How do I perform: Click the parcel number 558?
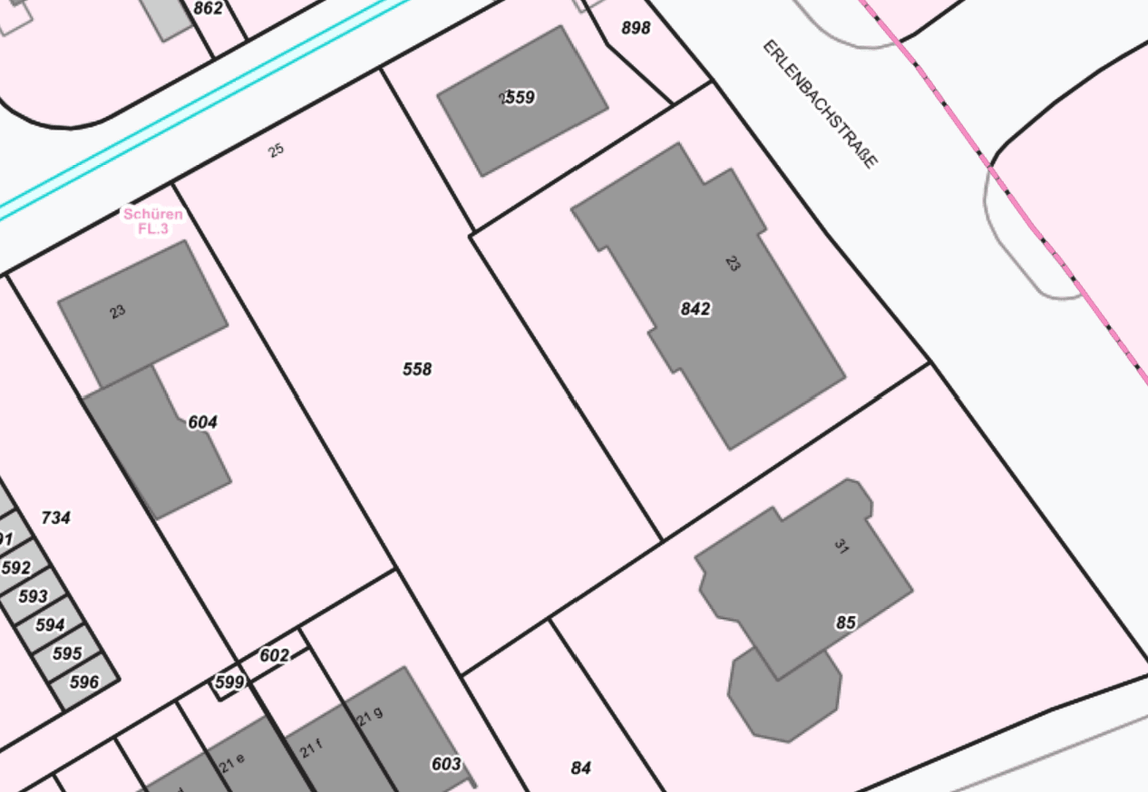(x=417, y=369)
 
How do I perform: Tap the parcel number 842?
(x=695, y=309)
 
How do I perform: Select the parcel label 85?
(x=845, y=623)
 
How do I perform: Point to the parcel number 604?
(x=202, y=422)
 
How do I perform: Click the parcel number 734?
(x=55, y=517)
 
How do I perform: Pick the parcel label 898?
(x=636, y=28)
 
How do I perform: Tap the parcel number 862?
(x=208, y=9)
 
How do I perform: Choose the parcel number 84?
(x=580, y=768)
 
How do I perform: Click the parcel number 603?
(x=446, y=764)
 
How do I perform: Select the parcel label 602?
(x=274, y=655)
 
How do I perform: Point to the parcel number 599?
(x=229, y=682)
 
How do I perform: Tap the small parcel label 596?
(x=84, y=682)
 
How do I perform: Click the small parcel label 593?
(x=33, y=596)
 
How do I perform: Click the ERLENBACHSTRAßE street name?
(x=820, y=103)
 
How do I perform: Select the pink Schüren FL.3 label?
(x=152, y=221)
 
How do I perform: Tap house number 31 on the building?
(x=840, y=546)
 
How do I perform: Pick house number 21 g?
(x=370, y=716)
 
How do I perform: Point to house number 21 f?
(x=311, y=749)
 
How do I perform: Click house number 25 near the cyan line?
(x=277, y=150)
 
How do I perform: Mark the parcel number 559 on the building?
(x=519, y=97)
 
